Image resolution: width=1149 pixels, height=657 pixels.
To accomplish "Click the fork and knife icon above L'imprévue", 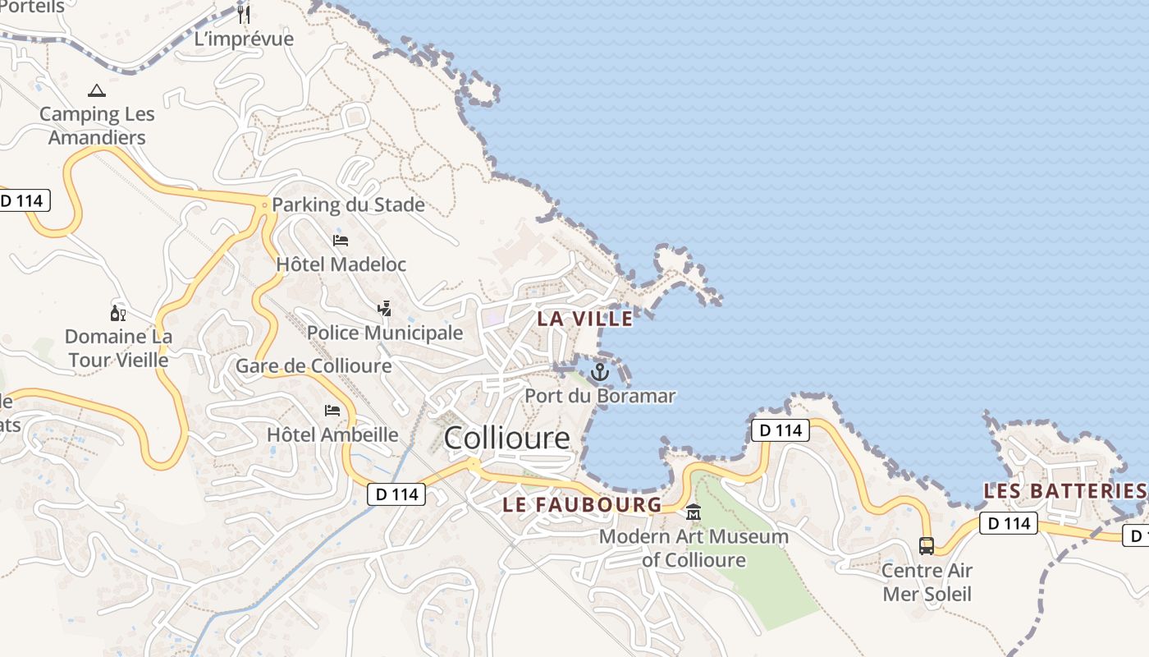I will (244, 14).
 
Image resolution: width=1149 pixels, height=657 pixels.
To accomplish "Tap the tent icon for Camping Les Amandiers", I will (97, 90).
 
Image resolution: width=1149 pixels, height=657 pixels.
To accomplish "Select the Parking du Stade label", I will (348, 204).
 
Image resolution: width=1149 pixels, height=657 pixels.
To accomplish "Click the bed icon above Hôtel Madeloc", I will (341, 241).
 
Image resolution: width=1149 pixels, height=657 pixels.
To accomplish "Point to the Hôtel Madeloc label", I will (341, 264).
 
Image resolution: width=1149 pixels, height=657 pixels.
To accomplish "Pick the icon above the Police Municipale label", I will (384, 309).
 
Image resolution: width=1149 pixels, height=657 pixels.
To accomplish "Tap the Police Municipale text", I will (385, 333).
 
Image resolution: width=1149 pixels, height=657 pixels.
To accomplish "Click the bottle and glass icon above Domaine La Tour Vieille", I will (118, 313).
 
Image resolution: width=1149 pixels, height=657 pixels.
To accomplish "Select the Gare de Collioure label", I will (314, 366).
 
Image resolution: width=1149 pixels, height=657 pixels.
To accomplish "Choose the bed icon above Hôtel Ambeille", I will (332, 410).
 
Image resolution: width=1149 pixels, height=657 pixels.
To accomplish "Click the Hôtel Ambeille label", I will (332, 434).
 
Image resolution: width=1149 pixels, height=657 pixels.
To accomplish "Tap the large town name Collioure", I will (506, 438).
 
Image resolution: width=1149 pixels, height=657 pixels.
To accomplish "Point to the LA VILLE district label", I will (585, 319).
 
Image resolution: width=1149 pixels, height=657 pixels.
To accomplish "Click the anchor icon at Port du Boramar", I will (600, 372).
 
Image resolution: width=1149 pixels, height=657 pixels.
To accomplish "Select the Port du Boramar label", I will (600, 396).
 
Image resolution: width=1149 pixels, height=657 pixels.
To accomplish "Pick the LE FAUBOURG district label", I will (582, 504).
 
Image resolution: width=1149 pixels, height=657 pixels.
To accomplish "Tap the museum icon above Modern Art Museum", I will (694, 512).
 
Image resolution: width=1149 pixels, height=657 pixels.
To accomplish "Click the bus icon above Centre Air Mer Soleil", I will (927, 545).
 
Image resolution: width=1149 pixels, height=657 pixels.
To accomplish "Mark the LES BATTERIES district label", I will (1064, 491).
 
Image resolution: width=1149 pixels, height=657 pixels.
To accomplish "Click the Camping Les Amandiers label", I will (97, 126).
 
